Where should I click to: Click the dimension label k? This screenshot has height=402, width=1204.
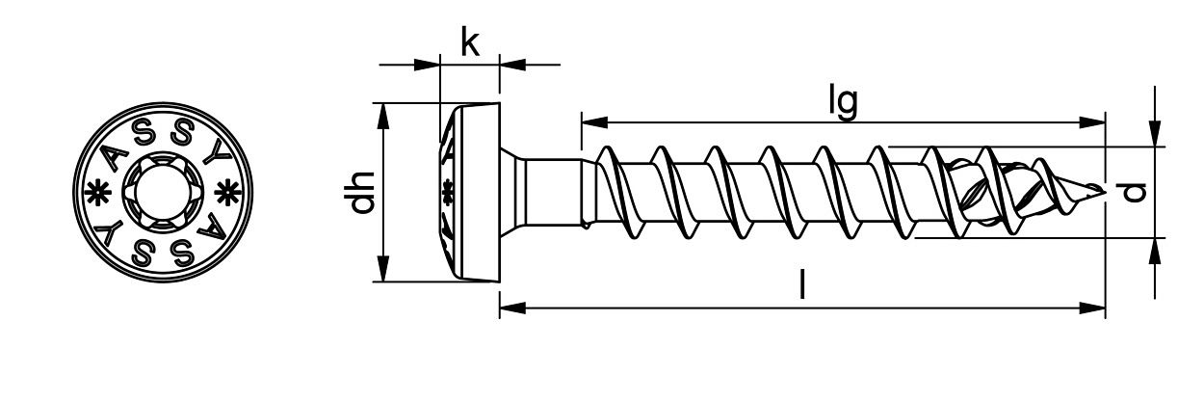pos(469,42)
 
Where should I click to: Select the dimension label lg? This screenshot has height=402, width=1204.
pos(843,102)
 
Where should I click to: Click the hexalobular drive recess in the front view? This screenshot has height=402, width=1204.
pos(160,192)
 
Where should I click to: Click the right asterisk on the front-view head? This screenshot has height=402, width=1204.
pos(226,191)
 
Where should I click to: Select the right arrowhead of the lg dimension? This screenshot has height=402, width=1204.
pos(1092,122)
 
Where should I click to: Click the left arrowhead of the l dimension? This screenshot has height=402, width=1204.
pos(511,308)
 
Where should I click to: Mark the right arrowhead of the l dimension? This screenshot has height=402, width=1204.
pos(1092,308)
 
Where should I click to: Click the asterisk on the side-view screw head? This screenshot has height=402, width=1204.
pos(446,191)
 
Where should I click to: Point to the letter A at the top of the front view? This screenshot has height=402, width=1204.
pos(117,154)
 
